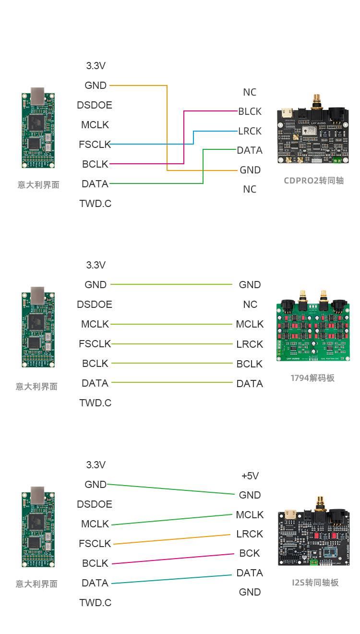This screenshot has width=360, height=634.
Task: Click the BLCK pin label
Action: coord(250,111)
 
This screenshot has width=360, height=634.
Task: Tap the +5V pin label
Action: coord(250,476)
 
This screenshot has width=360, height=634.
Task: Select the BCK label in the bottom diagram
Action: coord(250,553)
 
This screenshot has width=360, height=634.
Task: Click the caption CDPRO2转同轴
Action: coord(313,181)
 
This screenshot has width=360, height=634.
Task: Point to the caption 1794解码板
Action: coord(312,378)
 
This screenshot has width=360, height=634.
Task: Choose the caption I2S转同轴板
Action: coord(315,583)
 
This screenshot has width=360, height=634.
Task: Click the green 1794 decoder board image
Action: coord(313,326)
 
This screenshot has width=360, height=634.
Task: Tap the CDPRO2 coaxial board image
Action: coord(313,129)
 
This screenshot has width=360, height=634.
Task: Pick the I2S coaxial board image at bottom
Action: coord(314,531)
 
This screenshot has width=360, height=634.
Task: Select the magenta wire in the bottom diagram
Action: coord(173,559)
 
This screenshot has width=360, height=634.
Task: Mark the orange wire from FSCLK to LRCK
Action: coord(172,539)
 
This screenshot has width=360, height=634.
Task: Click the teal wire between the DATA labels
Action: coord(172,579)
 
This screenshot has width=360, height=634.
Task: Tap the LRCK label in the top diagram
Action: coord(250,131)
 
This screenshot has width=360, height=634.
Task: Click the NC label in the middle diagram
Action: coord(250,304)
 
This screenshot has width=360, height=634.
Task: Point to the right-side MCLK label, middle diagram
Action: coord(250,324)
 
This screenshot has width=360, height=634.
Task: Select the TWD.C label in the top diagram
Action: coord(96,204)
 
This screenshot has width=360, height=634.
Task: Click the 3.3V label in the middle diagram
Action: coord(96,265)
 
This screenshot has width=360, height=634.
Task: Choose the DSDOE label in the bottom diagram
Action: coord(95,504)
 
